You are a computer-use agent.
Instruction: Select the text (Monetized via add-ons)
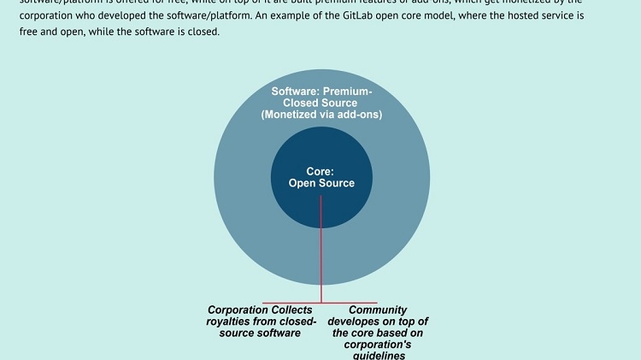coord(321,115)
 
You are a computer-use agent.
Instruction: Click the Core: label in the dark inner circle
coord(320,171)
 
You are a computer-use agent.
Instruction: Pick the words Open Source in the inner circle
coord(320,183)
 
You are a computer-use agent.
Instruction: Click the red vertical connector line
coord(321,248)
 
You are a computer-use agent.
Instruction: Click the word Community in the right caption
coord(377,310)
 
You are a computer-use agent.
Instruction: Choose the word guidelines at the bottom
coord(377,355)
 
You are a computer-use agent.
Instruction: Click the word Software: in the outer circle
coord(297,91)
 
